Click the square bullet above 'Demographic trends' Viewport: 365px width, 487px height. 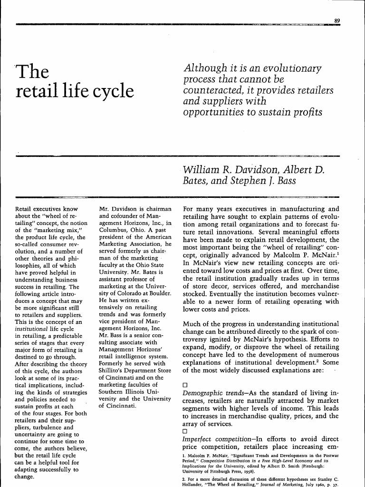(186, 385)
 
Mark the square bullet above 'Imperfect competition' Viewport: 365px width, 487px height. (186, 431)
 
